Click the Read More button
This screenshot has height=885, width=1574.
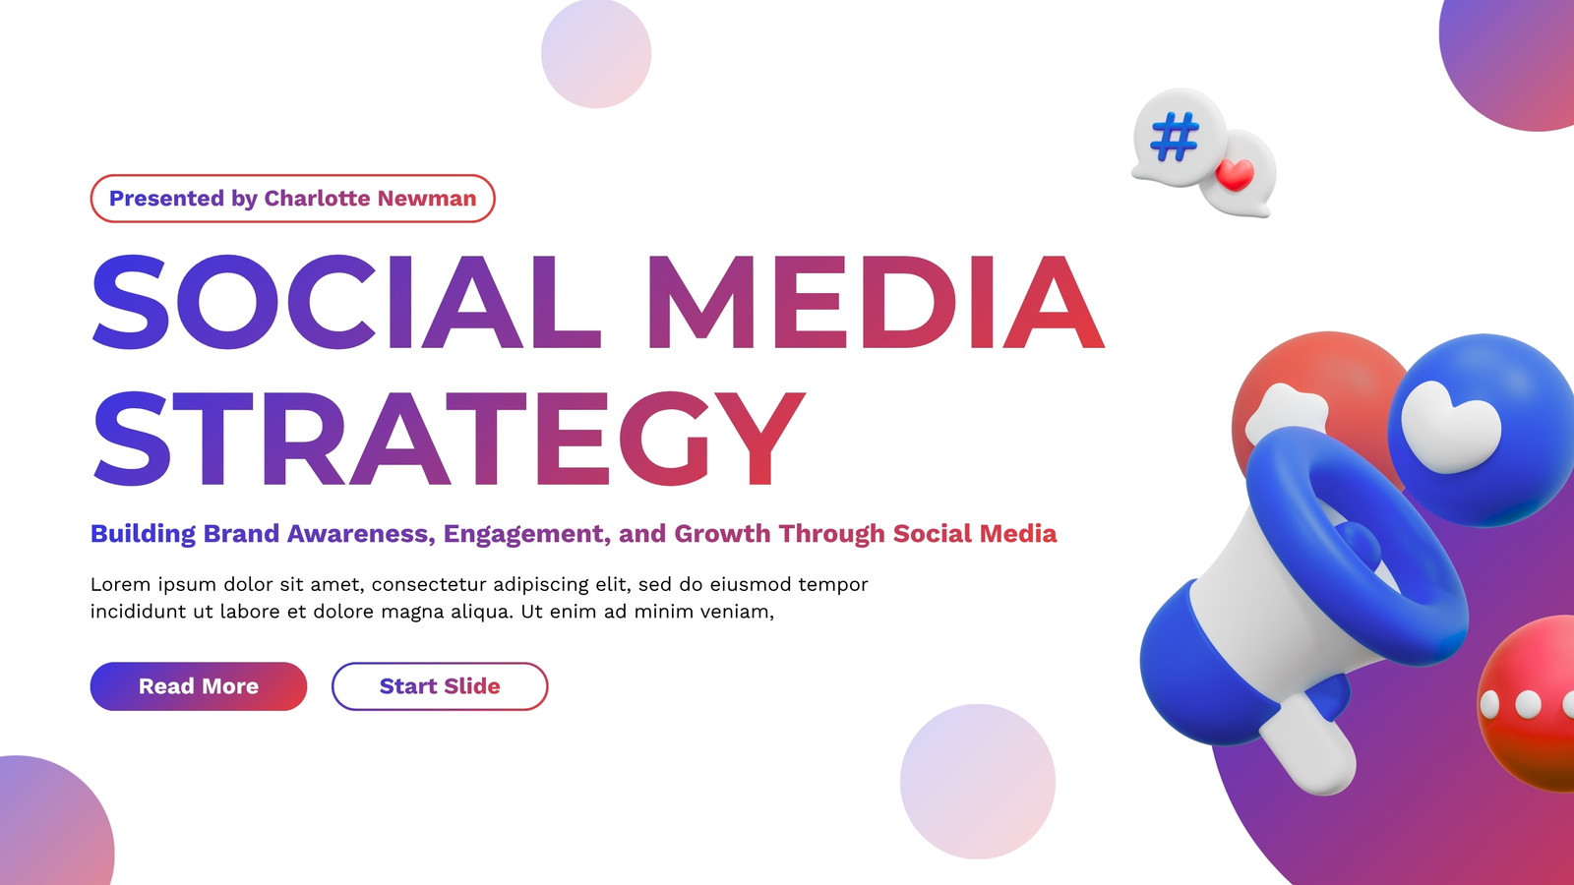pos(198,686)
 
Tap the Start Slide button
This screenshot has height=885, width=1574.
pos(440,686)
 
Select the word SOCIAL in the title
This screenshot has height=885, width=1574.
pos(346,302)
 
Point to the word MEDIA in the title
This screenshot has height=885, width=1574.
pos(876,302)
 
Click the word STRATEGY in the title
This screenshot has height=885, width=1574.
pos(449,439)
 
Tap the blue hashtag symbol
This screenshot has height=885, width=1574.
pos(1175,137)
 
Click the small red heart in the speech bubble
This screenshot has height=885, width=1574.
pos(1235,173)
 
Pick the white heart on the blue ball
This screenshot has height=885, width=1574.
pos(1450,427)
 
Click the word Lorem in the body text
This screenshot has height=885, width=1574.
pos(120,584)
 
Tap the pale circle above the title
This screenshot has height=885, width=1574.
pos(596,53)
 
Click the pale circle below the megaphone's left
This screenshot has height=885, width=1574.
pos(978,781)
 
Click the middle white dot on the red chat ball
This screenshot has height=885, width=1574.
pos(1529,704)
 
